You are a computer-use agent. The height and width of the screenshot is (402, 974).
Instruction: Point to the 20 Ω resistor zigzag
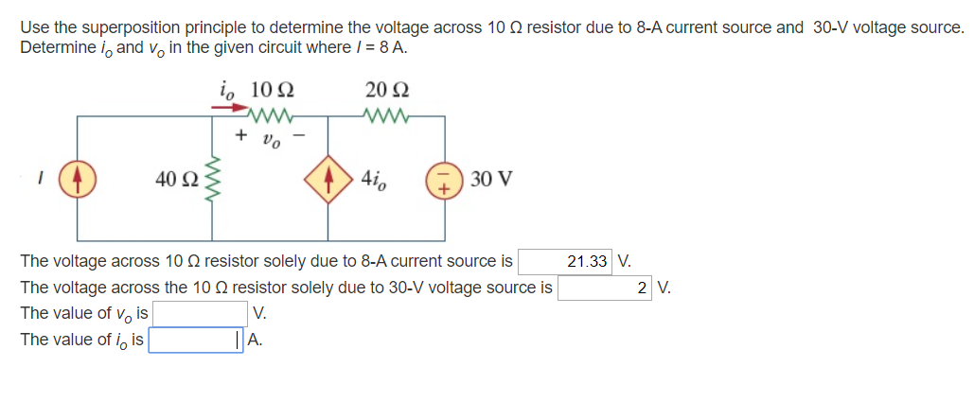point(387,117)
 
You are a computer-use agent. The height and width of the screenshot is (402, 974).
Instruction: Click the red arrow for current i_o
point(227,109)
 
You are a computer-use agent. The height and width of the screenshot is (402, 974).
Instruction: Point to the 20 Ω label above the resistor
point(386,92)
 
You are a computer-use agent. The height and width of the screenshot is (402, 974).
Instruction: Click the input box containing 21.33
point(565,261)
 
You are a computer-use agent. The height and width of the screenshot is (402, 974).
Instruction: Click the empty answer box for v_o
point(202,313)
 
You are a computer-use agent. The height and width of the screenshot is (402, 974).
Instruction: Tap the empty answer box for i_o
point(195,340)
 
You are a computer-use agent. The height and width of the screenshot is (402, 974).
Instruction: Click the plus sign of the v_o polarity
point(241,137)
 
